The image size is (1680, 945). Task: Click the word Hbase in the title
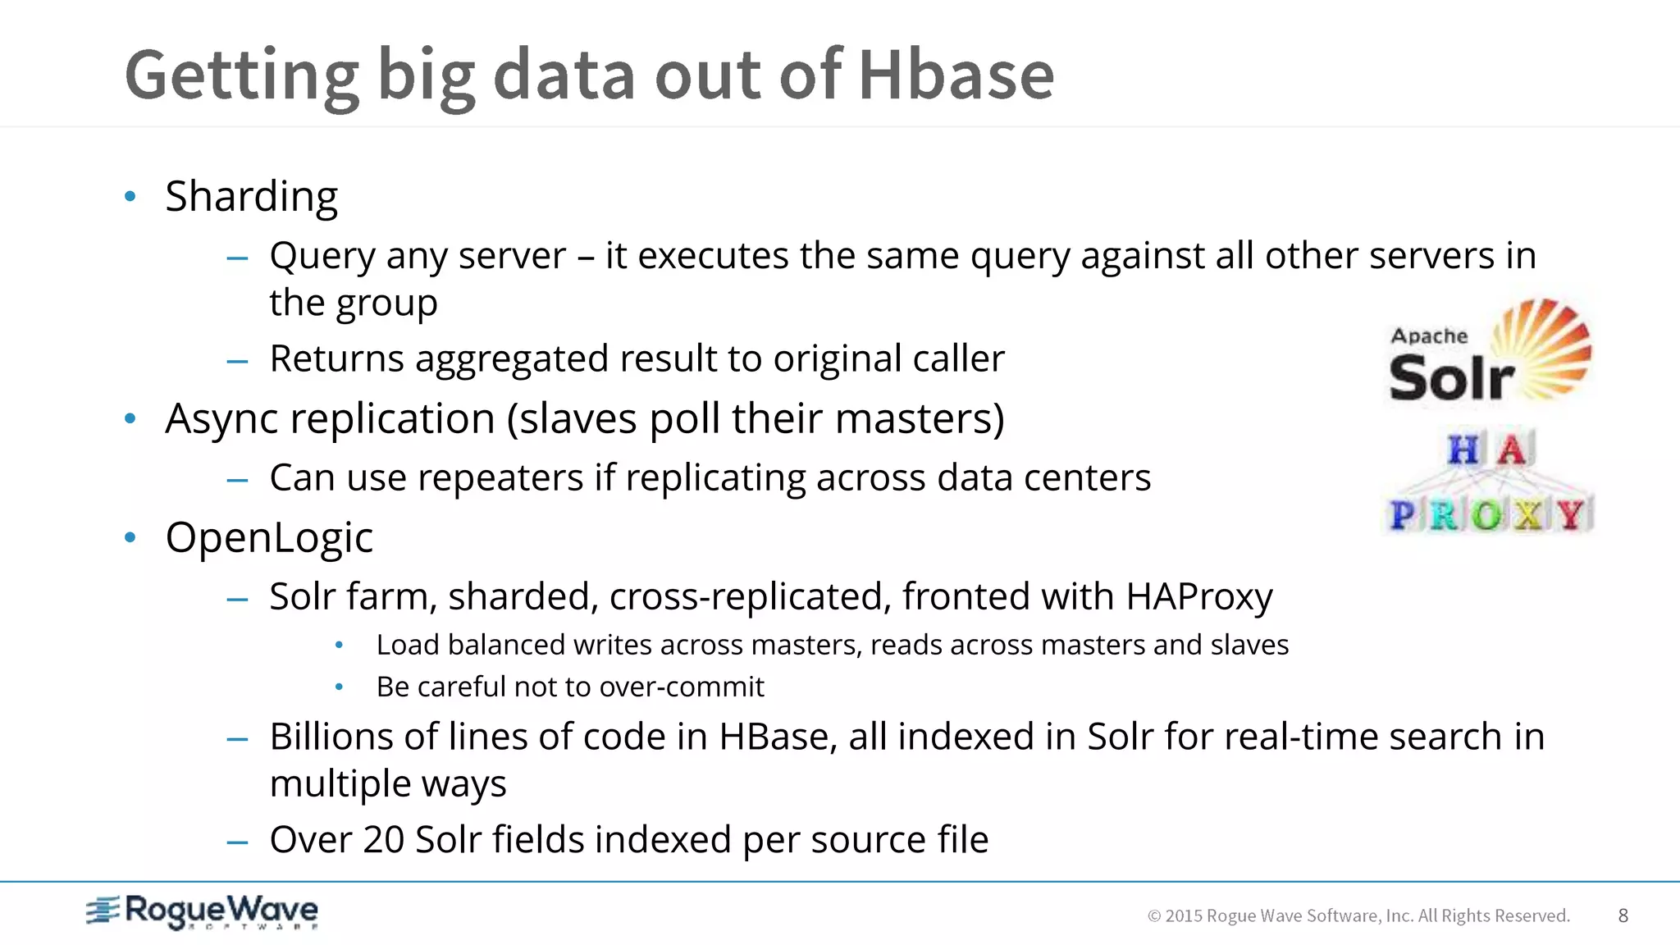pyautogui.click(x=956, y=75)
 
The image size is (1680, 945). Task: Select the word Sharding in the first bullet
pyautogui.click(x=251, y=197)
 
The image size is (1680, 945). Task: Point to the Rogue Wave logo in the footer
pyautogui.click(x=202, y=911)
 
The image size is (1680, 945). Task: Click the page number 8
pyautogui.click(x=1623, y=915)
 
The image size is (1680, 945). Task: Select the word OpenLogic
pyautogui.click(x=269, y=538)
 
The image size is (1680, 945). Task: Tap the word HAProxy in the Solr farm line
pyautogui.click(x=1198, y=596)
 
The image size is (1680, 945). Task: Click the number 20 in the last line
pyautogui.click(x=383, y=840)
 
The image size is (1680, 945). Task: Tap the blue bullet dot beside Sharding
pyautogui.click(x=130, y=196)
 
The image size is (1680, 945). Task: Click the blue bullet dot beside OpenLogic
pyautogui.click(x=130, y=538)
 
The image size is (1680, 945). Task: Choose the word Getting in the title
pyautogui.click(x=241, y=76)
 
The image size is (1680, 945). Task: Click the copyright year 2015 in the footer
pyautogui.click(x=1183, y=915)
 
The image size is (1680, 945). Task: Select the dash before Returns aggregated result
pyautogui.click(x=237, y=360)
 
